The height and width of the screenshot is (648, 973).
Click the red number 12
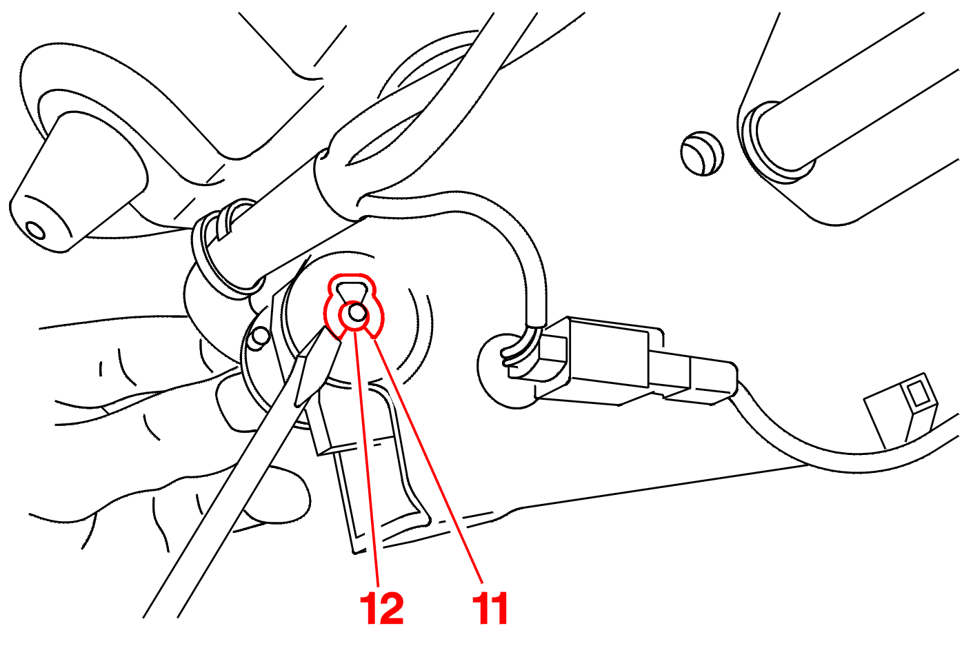(x=381, y=608)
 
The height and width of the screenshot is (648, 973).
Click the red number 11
(x=490, y=608)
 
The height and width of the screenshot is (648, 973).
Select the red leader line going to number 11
(x=428, y=460)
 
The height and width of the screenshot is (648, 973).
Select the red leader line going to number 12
(x=367, y=457)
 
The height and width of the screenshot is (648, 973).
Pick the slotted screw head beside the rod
(x=701, y=153)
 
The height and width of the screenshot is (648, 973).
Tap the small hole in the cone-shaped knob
(x=34, y=230)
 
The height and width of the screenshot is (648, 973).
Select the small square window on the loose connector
(x=918, y=394)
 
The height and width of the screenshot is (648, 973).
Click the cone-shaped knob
(x=78, y=183)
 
